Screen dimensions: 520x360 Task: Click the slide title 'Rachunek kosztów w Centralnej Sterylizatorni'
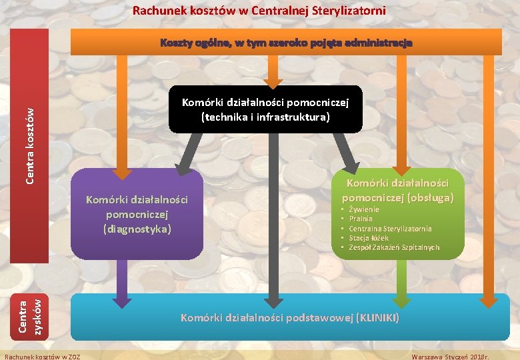(259, 11)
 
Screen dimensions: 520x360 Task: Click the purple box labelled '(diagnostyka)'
(137, 215)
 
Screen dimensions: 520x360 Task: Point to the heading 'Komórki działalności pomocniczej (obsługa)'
(397, 190)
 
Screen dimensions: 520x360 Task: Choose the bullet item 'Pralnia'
(361, 219)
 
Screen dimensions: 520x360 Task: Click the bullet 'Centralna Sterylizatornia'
(390, 228)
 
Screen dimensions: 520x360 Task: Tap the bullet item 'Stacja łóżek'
(369, 238)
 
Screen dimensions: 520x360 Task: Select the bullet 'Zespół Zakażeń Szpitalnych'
(394, 247)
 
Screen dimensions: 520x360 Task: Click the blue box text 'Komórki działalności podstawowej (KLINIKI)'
(290, 317)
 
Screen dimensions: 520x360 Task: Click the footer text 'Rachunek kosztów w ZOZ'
(42, 356)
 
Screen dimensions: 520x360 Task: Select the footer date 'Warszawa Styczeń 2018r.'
(450, 356)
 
